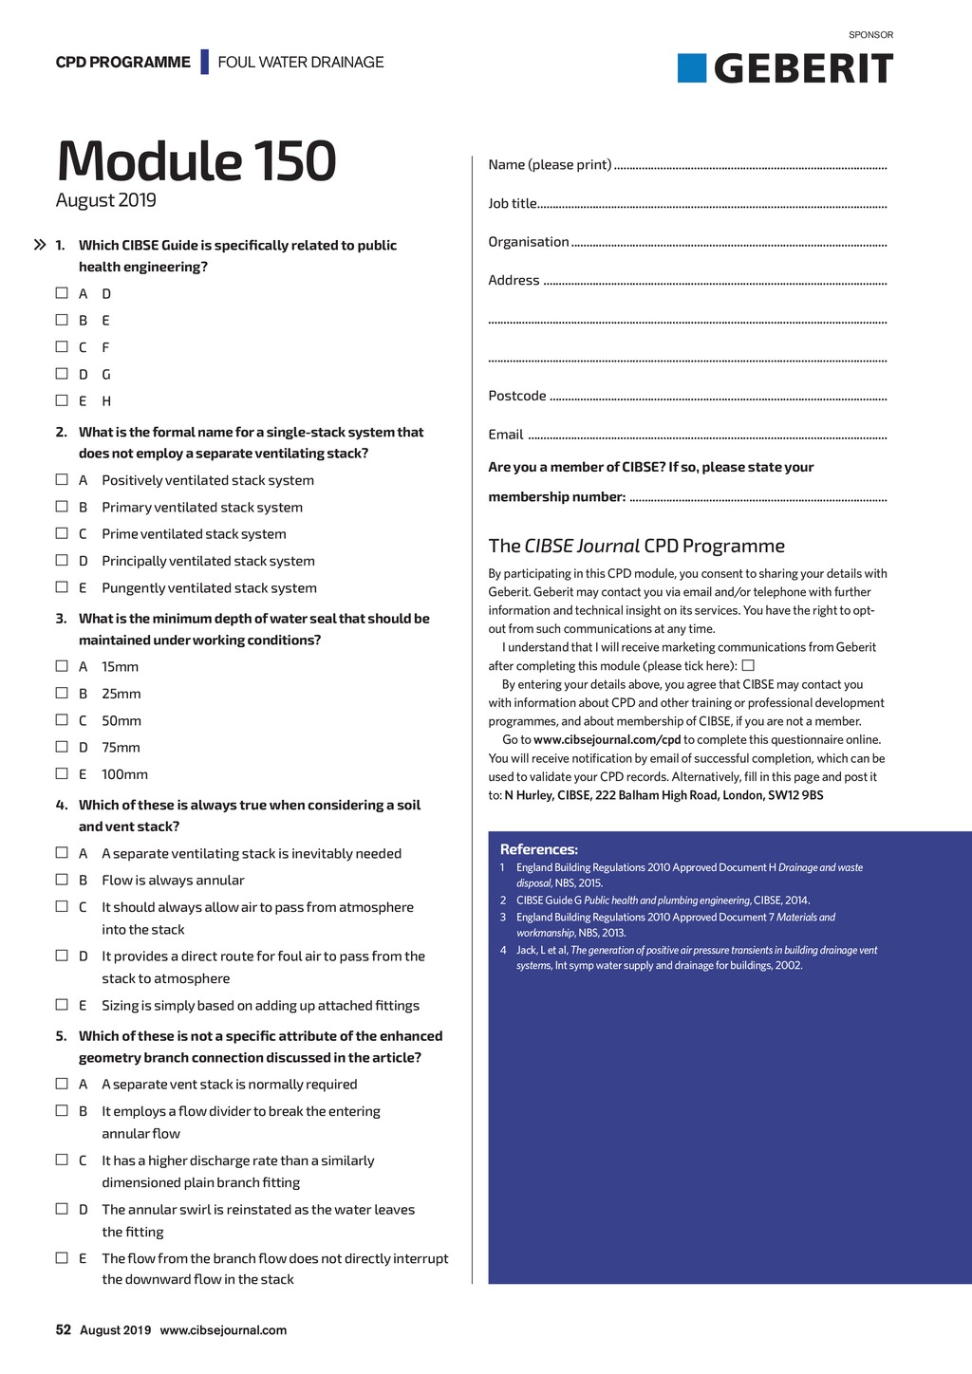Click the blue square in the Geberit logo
692,68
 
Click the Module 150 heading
196,160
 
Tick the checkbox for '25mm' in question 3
62,693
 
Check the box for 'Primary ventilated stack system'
62,507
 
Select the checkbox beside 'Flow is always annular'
62,880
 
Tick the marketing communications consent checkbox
748,665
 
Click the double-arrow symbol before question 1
40,245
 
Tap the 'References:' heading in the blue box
538,849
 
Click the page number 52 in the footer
63,1329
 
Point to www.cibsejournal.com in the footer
223,1329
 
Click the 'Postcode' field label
517,396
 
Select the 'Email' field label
506,435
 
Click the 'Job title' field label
513,203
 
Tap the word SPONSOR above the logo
870,35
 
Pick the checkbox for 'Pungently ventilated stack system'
62,587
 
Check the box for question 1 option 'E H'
62,400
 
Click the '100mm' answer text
124,774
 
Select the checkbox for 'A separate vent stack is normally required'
62,1084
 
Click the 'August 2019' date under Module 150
106,200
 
